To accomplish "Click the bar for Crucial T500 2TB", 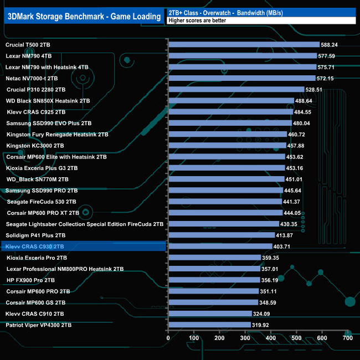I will [x=244, y=44].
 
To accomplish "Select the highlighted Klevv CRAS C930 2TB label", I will [x=34, y=246].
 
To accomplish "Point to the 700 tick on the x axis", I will [x=348, y=337].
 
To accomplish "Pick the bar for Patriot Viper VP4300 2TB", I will [x=209, y=325].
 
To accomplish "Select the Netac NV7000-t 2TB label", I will [x=32, y=78].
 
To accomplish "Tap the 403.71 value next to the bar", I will [x=285, y=246].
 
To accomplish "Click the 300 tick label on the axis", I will [x=245, y=337].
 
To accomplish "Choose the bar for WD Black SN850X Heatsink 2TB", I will [x=230, y=101].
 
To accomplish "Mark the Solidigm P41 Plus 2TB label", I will [x=35, y=235].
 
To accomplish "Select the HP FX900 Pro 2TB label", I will [x=30, y=280].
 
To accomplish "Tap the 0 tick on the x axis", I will [x=168, y=337].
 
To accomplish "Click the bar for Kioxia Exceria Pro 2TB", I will [x=214, y=258].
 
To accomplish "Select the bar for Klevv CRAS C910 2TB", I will [x=209, y=313].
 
